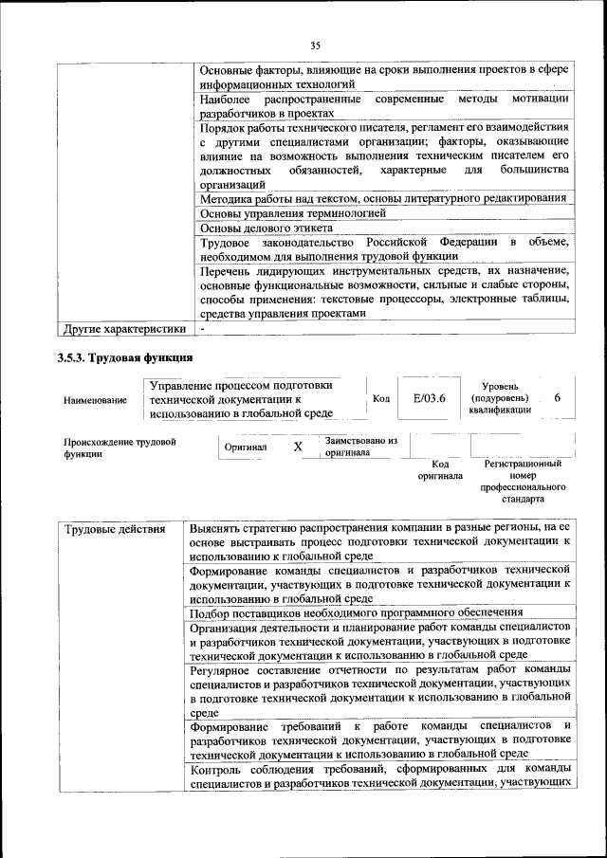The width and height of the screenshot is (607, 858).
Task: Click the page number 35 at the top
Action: tap(316, 43)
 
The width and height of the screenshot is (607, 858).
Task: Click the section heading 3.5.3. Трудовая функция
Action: tap(125, 357)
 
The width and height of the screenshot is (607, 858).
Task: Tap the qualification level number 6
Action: tap(557, 398)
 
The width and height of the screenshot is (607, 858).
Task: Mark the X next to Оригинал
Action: tap(297, 447)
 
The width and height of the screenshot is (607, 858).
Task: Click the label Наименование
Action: tap(95, 400)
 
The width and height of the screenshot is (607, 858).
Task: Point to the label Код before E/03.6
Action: tap(381, 399)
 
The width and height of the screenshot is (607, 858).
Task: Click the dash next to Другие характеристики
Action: tap(202, 329)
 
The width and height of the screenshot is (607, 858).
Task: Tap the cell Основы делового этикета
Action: tap(267, 228)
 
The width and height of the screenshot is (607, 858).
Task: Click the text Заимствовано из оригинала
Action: tap(360, 447)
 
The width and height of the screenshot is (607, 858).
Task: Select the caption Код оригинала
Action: tap(440, 469)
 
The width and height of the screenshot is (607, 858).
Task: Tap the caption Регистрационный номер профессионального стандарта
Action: tap(523, 481)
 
